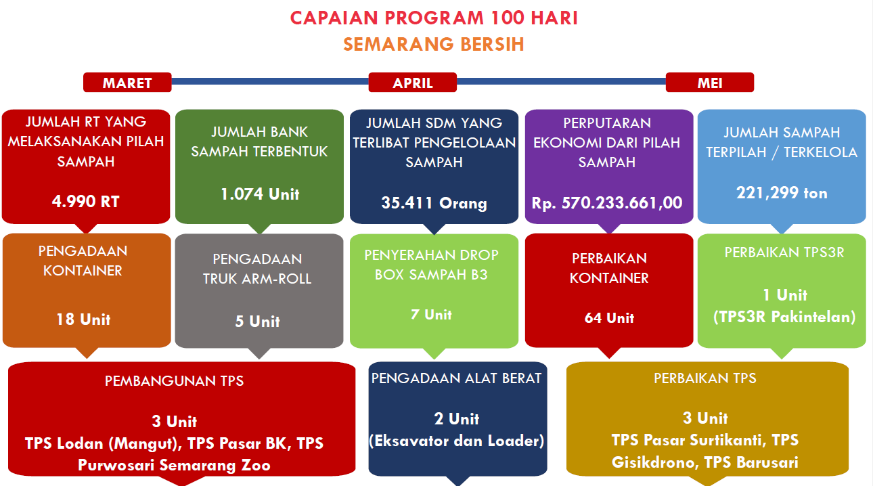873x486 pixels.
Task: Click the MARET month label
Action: pos(127,83)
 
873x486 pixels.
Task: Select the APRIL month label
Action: pos(413,83)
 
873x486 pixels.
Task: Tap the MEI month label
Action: pos(710,83)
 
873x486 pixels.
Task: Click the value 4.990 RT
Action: pos(86,202)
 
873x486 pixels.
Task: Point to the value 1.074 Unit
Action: pos(260,194)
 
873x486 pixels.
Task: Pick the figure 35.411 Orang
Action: pos(434,203)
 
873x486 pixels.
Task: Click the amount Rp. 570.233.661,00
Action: pos(607,203)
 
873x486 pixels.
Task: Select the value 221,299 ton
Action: pos(782,193)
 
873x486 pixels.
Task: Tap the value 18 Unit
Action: pos(83,319)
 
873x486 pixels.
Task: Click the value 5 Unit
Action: pos(258,322)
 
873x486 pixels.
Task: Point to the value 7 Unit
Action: pos(432,315)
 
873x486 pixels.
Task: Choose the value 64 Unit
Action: pos(609,318)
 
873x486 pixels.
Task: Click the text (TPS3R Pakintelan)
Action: pos(784,317)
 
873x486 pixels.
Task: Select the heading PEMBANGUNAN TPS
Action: pos(174,381)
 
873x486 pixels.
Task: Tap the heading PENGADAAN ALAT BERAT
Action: pos(456,378)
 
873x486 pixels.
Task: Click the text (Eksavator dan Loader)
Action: pos(456,441)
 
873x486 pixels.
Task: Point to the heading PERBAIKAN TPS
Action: pos(705,378)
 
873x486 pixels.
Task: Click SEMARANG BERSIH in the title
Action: pos(434,44)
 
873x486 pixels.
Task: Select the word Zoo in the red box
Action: pos(256,465)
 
